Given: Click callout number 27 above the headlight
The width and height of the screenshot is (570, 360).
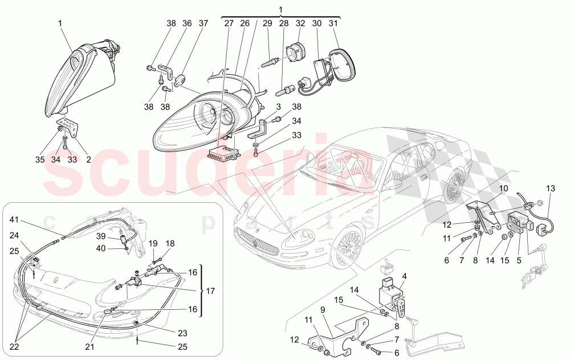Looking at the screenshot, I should pyautogui.click(x=229, y=24).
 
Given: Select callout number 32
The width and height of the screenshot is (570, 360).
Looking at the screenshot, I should pyautogui.click(x=300, y=24).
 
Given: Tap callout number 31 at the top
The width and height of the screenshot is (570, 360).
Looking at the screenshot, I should pyautogui.click(x=333, y=24).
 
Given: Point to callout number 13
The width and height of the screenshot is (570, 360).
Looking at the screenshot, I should pyautogui.click(x=550, y=189).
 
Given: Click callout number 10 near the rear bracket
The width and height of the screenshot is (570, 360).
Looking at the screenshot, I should pyautogui.click(x=504, y=189).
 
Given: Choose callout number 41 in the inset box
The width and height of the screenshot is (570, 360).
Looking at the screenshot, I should pyautogui.click(x=14, y=219).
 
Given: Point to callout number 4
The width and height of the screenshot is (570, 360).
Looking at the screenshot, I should pyautogui.click(x=404, y=277).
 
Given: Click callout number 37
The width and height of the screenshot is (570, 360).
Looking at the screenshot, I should pyautogui.click(x=203, y=24).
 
